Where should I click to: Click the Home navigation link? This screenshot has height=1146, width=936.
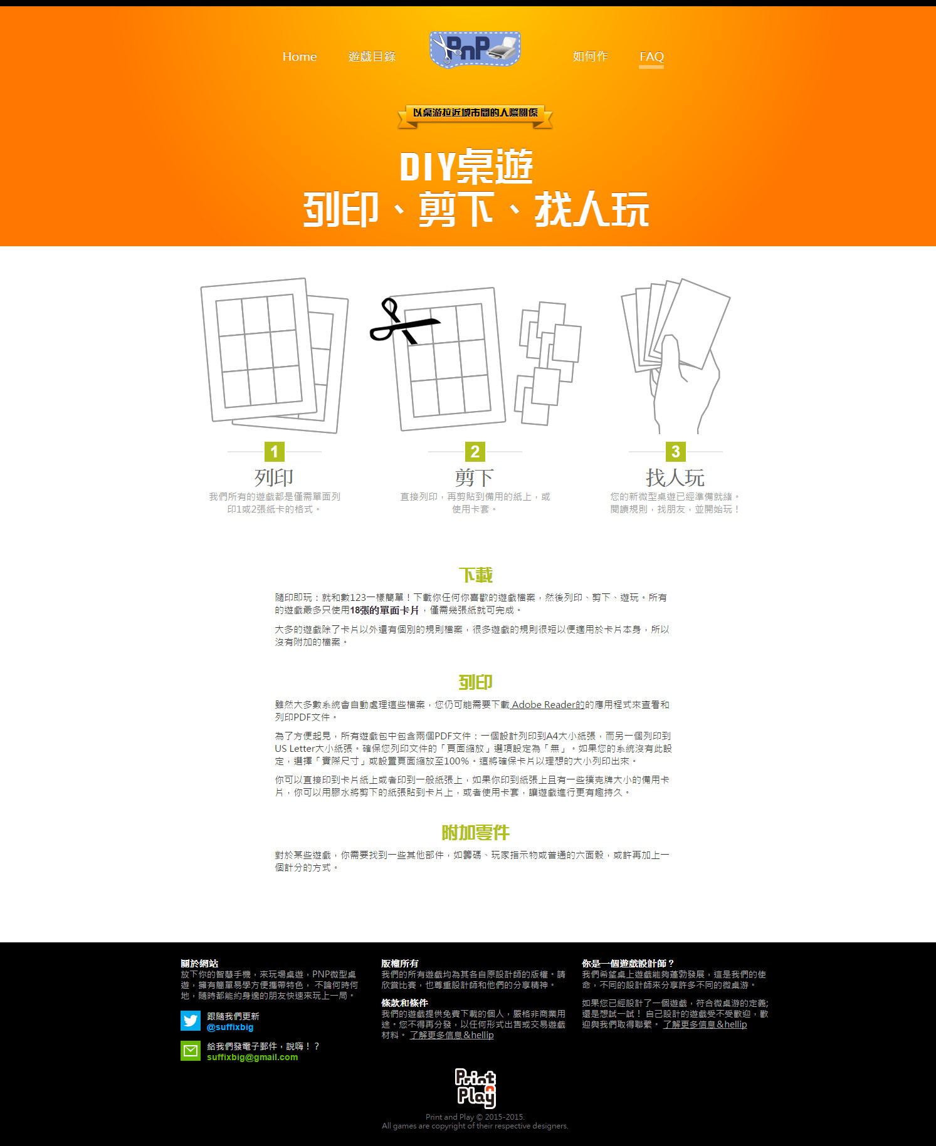(x=300, y=56)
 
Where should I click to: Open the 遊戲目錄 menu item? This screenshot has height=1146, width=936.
(x=372, y=56)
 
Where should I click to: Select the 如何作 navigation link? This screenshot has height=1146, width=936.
(x=590, y=56)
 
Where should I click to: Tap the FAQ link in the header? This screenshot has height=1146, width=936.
(x=651, y=56)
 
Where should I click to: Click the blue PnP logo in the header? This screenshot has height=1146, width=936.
(x=475, y=49)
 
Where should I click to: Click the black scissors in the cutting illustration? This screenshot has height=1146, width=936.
(x=402, y=321)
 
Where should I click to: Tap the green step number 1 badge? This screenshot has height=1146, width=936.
(x=274, y=452)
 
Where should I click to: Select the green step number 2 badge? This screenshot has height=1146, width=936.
(x=475, y=452)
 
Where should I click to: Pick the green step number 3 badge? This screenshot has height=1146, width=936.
(x=675, y=452)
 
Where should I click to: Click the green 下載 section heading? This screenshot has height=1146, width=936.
(x=475, y=575)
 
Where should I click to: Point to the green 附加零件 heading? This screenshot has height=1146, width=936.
(x=475, y=832)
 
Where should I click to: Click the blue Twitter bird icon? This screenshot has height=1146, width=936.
(x=191, y=1021)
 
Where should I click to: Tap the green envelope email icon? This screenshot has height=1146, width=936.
(x=191, y=1051)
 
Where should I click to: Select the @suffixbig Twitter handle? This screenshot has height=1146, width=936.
(x=230, y=1028)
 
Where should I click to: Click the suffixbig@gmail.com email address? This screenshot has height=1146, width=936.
(x=253, y=1057)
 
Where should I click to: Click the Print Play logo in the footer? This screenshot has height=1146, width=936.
(x=475, y=1088)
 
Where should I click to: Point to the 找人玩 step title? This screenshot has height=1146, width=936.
(x=675, y=477)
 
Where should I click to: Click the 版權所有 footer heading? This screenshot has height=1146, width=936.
(x=399, y=964)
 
